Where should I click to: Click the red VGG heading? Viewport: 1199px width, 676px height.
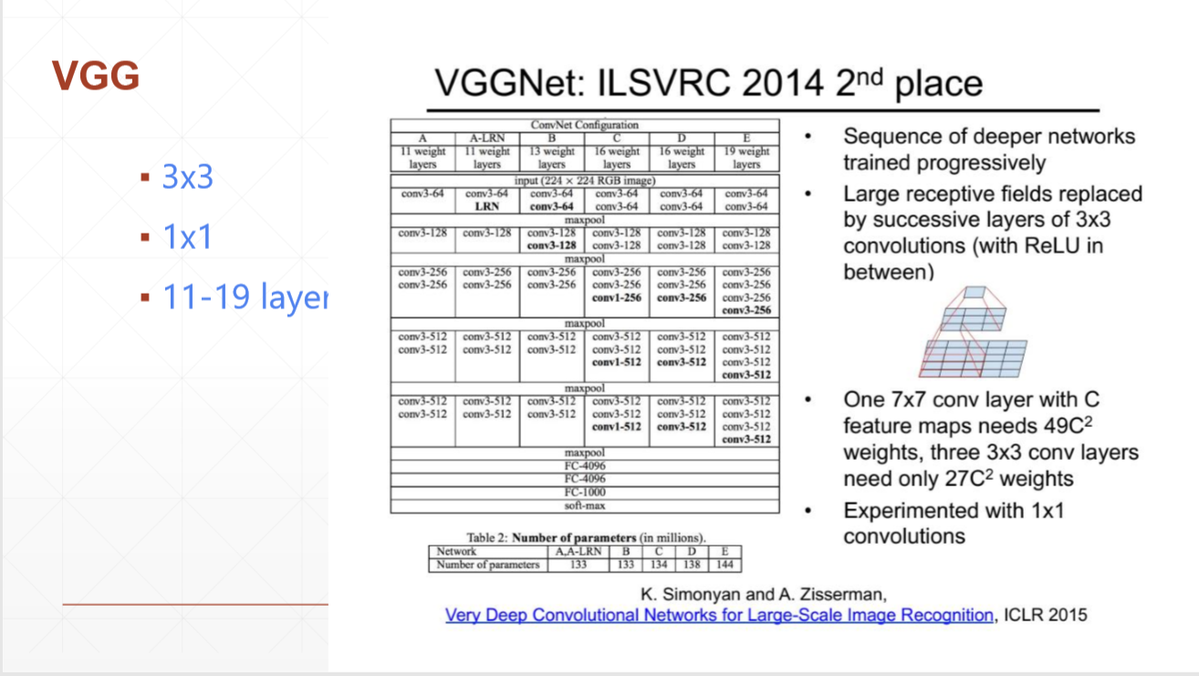pos(96,76)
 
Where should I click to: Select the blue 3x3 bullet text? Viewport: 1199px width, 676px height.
pos(187,177)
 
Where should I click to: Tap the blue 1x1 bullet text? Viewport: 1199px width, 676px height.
pos(187,236)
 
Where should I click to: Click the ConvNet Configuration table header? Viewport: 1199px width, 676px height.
pos(585,125)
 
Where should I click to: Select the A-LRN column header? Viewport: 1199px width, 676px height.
pos(487,138)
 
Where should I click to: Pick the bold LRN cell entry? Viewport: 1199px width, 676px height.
pos(487,206)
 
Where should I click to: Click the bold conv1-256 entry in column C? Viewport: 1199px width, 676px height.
pos(617,297)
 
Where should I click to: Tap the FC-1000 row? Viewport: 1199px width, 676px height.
pos(585,493)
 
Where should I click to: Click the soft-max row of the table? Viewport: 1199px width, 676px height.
pos(585,505)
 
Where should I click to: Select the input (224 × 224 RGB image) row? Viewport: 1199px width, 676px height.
pos(585,181)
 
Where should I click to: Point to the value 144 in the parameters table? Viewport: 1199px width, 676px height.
pos(725,565)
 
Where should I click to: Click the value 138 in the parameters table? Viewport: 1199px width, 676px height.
pos(692,565)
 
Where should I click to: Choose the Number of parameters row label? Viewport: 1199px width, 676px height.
pos(487,565)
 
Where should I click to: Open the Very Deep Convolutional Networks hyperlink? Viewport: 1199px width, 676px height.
pos(719,615)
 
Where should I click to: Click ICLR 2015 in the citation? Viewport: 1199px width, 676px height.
pos(1046,615)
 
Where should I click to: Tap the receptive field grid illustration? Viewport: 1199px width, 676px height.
pos(973,332)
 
